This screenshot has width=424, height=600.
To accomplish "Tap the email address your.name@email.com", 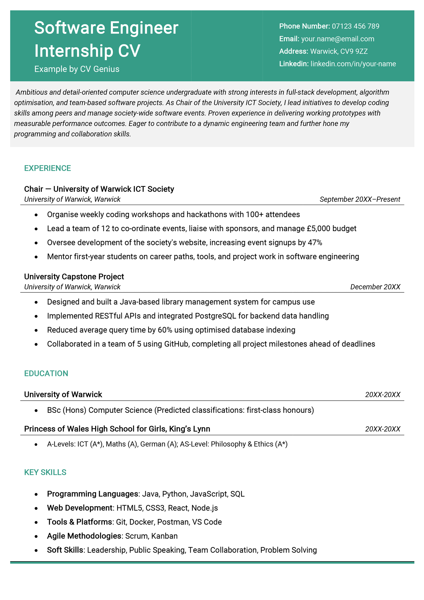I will pyautogui.click(x=337, y=39).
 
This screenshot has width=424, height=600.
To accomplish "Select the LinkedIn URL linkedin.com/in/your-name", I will pyautogui.click(x=353, y=64).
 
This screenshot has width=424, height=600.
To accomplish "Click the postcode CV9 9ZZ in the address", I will pyautogui.click(x=354, y=51).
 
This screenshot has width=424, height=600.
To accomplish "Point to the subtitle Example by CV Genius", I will pyautogui.click(x=77, y=69).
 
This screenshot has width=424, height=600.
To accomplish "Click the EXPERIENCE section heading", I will pyautogui.click(x=47, y=168).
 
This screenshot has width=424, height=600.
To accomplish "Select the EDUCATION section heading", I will pyautogui.click(x=46, y=373).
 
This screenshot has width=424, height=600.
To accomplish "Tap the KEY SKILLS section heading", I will pyautogui.click(x=45, y=472).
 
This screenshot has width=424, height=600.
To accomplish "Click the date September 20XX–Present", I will pyautogui.click(x=360, y=199).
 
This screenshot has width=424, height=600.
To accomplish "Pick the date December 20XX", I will pyautogui.click(x=375, y=287).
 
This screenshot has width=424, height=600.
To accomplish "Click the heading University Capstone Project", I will pyautogui.click(x=74, y=277).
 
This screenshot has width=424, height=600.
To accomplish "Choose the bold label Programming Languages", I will pyautogui.click(x=92, y=494).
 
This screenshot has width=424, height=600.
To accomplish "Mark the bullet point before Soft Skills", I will pyautogui.click(x=36, y=550).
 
